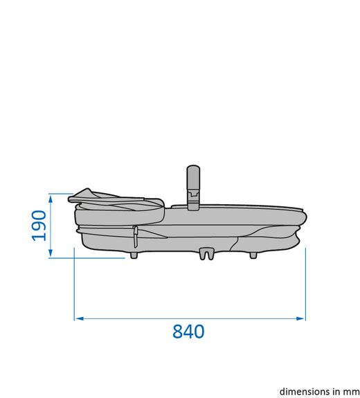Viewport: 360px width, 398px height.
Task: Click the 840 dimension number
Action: (x=188, y=332)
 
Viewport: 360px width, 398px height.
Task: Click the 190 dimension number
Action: (x=39, y=226)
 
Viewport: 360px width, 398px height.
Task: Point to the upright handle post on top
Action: (x=193, y=188)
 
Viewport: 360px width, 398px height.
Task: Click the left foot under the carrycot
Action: (x=134, y=255)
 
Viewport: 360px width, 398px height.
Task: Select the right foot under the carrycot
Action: (x=253, y=255)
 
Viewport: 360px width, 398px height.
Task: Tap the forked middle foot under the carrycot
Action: (x=206, y=254)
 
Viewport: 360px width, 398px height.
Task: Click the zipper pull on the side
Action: (x=136, y=237)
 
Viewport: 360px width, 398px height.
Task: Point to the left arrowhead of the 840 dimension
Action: (x=80, y=318)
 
